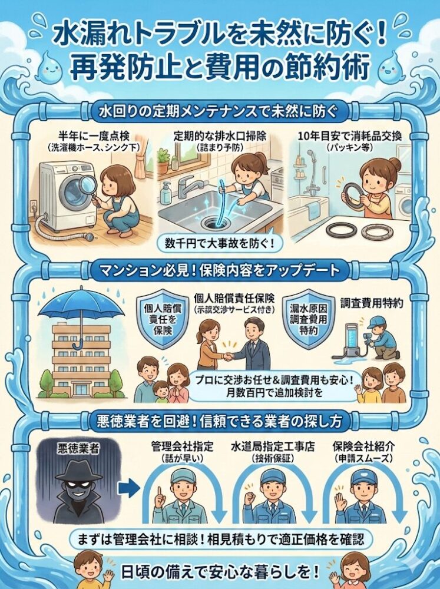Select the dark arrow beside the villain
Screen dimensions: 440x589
click(129, 488)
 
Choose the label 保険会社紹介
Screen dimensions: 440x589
click(364, 446)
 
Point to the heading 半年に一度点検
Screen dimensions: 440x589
click(94, 136)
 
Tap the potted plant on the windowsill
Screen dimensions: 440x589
click(163, 160)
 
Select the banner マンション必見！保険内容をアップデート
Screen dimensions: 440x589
click(220, 270)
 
